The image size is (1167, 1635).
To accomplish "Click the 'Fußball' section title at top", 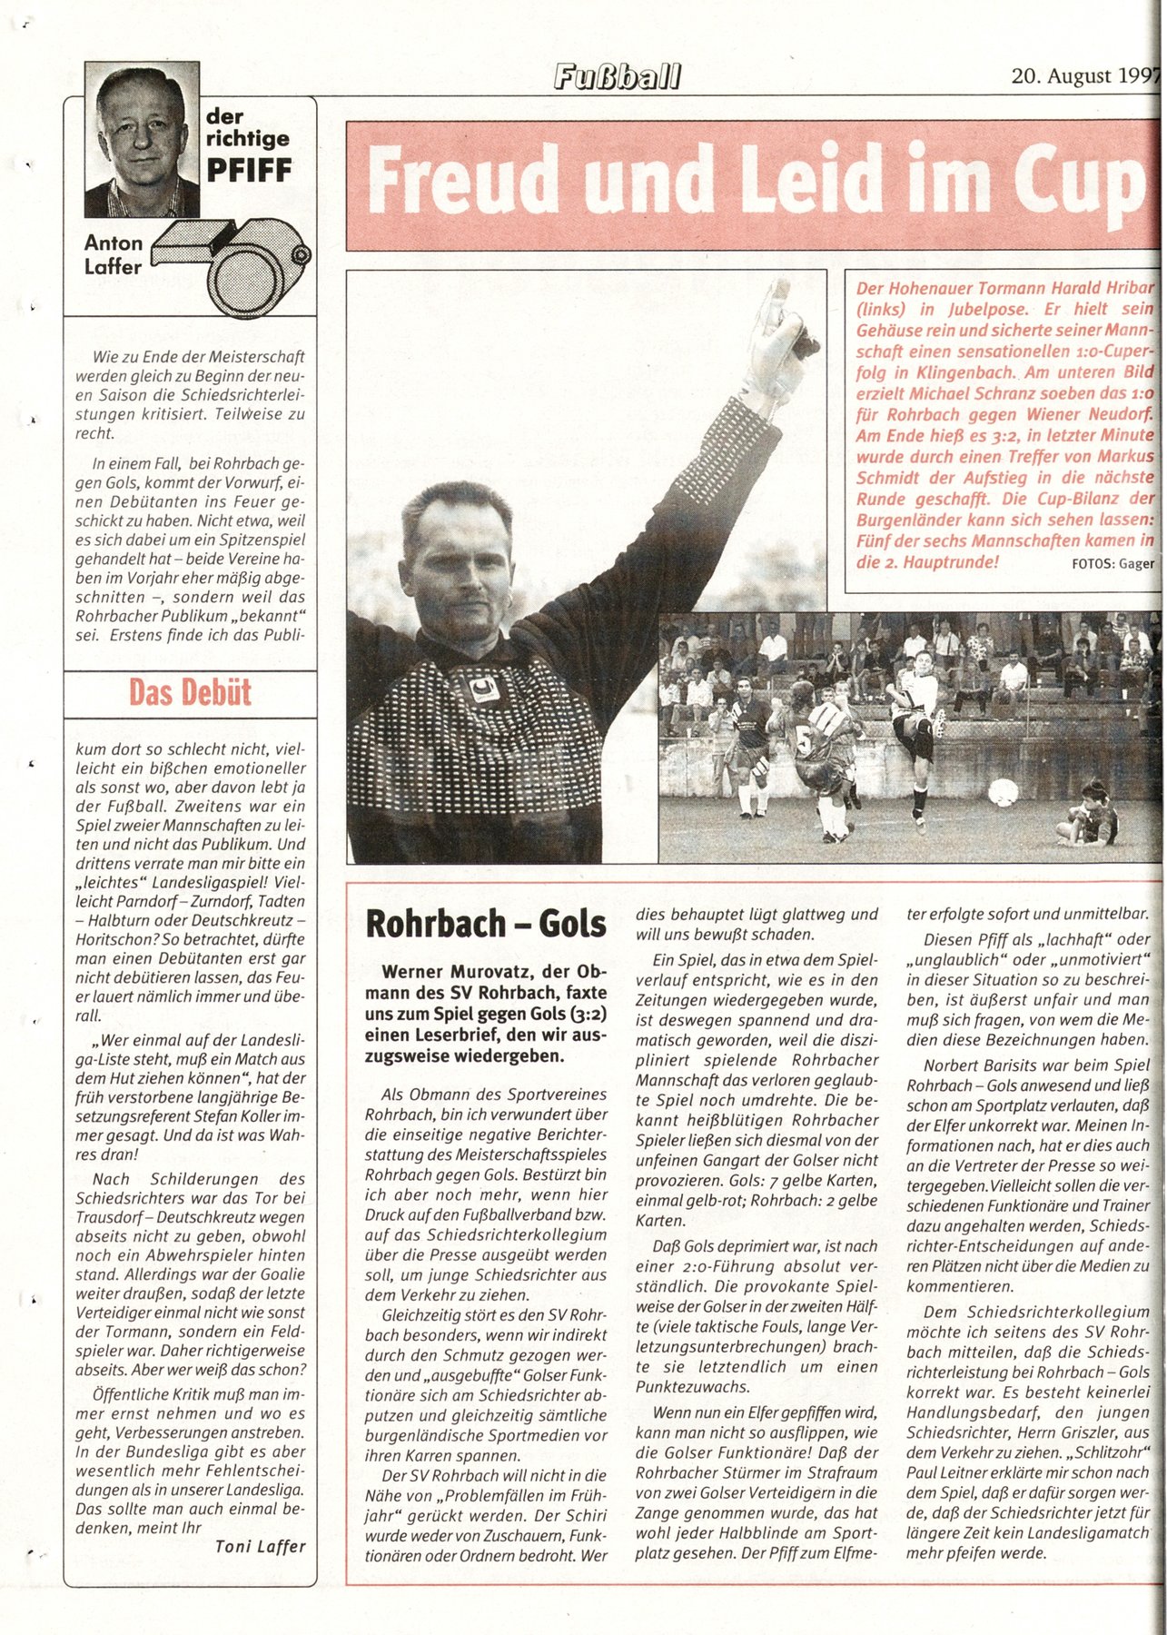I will [x=617, y=77].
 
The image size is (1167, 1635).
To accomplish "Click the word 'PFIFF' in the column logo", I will [x=249, y=169].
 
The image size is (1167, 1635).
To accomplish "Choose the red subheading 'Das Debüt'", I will [x=190, y=693].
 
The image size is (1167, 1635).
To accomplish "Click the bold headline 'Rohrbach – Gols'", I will [x=485, y=924].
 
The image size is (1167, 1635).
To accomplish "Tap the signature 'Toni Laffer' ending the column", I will [x=261, y=1546].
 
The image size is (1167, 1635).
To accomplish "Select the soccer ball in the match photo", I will [x=1004, y=792].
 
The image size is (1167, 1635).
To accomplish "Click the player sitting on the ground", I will [x=1089, y=814].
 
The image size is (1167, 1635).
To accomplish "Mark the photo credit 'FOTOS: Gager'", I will [x=1113, y=564].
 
